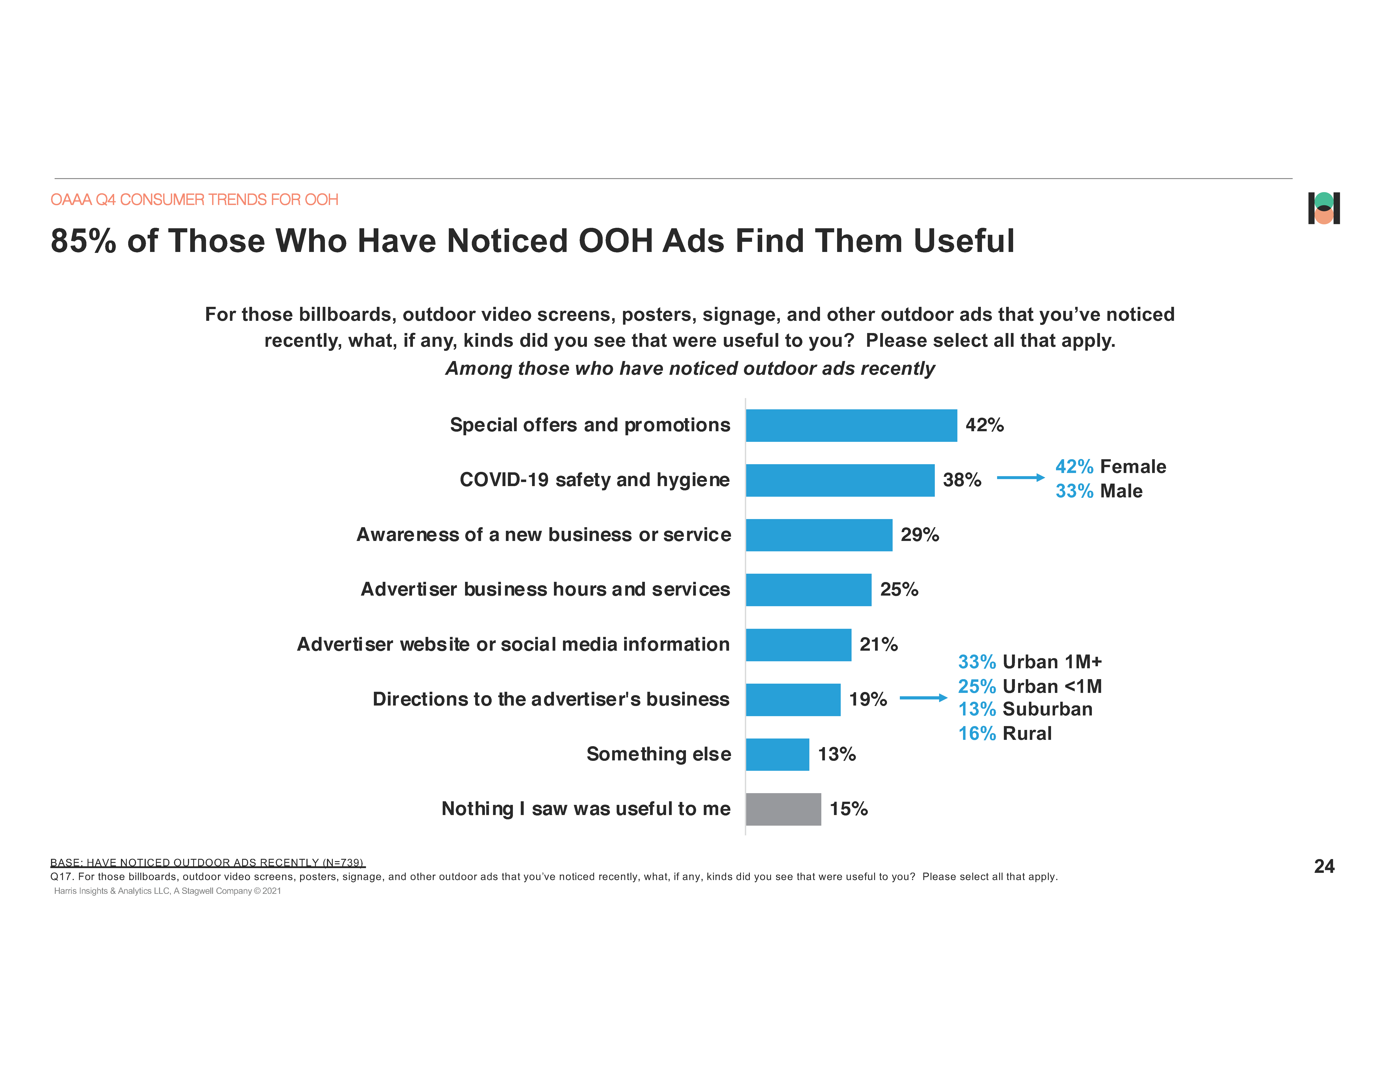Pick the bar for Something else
coord(777,754)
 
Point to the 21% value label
coord(878,644)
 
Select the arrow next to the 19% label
coord(923,698)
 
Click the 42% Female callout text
coord(1110,466)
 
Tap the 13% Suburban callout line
coord(1025,709)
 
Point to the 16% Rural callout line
coord(1005,734)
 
